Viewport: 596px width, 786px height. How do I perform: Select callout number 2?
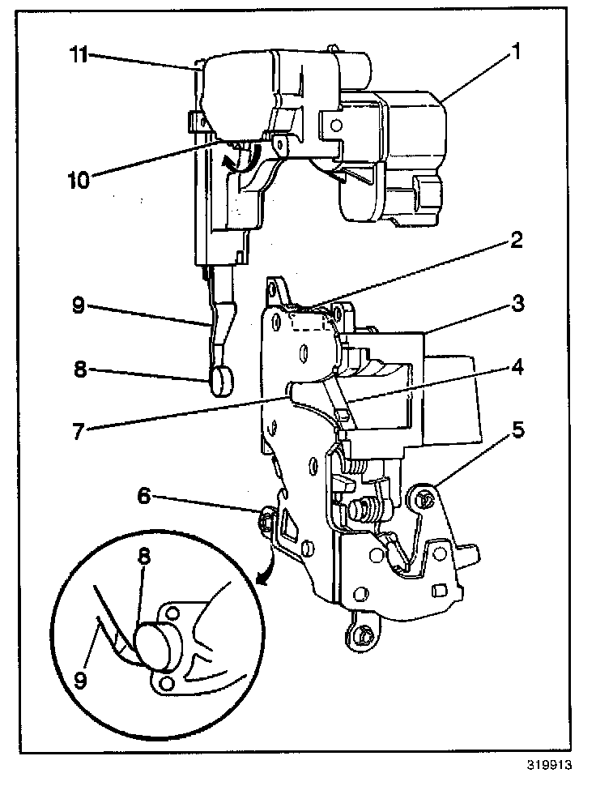pos(515,241)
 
